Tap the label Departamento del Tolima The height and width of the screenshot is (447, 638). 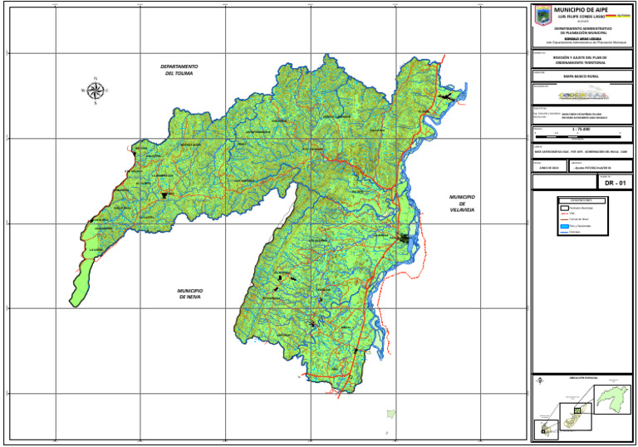pyautogui.click(x=179, y=70)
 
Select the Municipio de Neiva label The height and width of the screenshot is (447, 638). pyautogui.click(x=190, y=293)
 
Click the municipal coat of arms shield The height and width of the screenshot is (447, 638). pyautogui.click(x=542, y=15)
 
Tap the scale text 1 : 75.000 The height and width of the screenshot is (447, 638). pyautogui.click(x=583, y=130)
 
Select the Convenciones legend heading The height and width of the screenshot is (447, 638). pyautogui.click(x=582, y=200)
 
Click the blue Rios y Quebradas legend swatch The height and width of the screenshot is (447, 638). pyautogui.click(x=563, y=226)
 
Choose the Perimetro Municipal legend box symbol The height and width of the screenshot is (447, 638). pyautogui.click(x=563, y=207)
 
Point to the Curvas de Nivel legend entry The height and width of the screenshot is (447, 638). pyautogui.click(x=581, y=219)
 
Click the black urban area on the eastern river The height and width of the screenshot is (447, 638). pyautogui.click(x=405, y=238)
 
